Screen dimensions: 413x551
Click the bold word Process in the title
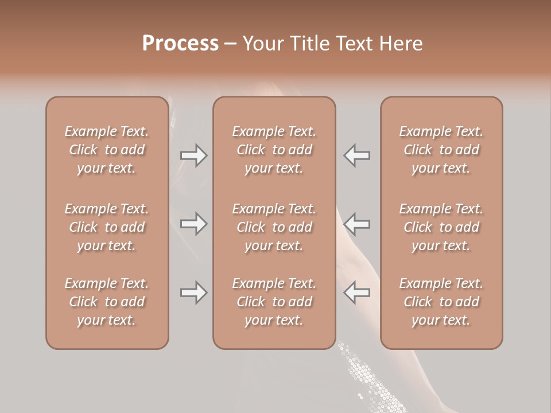(x=180, y=44)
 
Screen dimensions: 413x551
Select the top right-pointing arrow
(x=193, y=155)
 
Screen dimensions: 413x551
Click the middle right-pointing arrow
(x=193, y=223)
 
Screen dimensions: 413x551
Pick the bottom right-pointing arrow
(x=193, y=293)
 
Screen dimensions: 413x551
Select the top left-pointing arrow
(x=357, y=155)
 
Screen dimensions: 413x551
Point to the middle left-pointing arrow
(x=357, y=223)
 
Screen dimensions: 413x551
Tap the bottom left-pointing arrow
(x=357, y=293)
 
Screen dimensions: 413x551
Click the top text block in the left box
(x=107, y=150)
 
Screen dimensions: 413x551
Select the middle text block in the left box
(x=107, y=227)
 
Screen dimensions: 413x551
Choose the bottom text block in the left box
(x=107, y=302)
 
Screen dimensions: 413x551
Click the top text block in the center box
(x=274, y=150)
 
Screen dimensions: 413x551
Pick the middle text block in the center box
(x=274, y=227)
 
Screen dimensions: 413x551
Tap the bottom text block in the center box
(x=274, y=302)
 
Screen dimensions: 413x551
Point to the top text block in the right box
(x=441, y=150)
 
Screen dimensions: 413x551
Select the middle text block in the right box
(x=441, y=227)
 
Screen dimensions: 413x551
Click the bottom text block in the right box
(x=441, y=302)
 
